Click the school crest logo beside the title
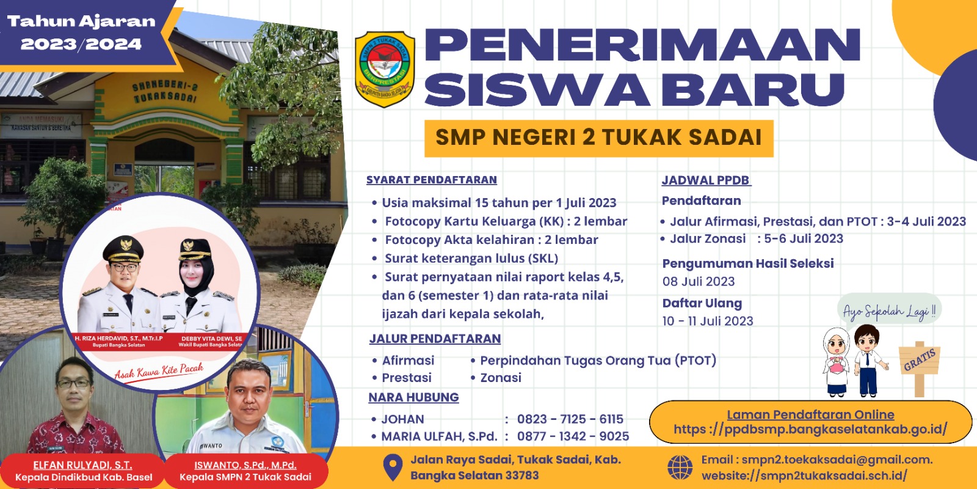tap(385, 69)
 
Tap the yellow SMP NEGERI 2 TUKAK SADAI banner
tap(598, 138)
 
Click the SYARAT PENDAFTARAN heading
tap(432, 180)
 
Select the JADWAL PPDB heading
tap(706, 180)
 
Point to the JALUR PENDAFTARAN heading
tap(435, 339)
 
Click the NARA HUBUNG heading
tap(413, 397)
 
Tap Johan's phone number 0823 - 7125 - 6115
tap(570, 419)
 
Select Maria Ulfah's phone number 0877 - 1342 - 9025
tap(573, 436)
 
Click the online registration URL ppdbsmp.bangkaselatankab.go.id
tap(810, 430)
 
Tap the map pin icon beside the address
tap(392, 468)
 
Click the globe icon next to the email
tap(680, 468)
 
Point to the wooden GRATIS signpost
tap(919, 367)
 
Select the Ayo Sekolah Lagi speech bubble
tap(888, 311)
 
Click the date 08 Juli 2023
tap(699, 282)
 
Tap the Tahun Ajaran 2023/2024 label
tap(81, 32)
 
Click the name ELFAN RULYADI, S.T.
tap(82, 465)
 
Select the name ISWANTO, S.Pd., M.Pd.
tap(245, 465)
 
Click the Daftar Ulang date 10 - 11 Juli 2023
tap(708, 322)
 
